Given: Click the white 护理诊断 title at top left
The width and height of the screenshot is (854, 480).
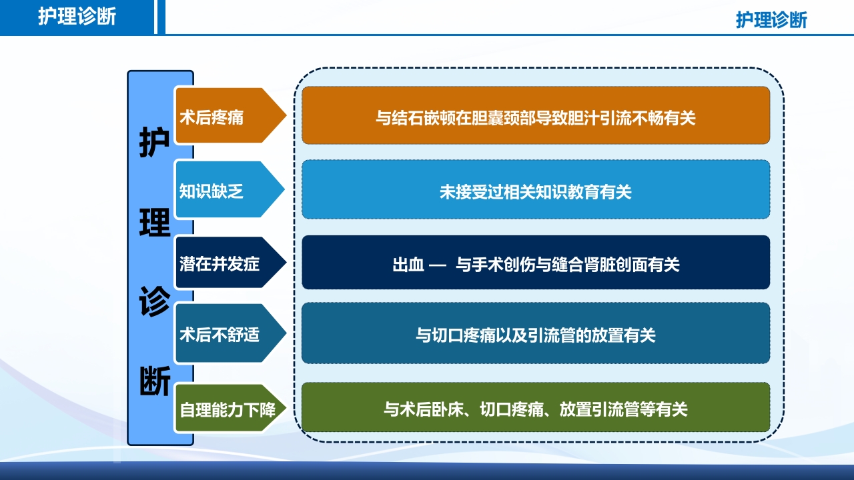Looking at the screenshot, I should (x=77, y=17).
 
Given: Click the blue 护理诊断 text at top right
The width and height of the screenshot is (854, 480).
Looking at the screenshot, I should (x=771, y=20).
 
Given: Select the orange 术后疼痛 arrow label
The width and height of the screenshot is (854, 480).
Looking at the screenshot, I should (x=211, y=118).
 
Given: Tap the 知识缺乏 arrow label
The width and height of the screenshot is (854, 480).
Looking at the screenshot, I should (x=211, y=191).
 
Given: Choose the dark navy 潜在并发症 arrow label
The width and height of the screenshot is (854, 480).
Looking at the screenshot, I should (x=220, y=263).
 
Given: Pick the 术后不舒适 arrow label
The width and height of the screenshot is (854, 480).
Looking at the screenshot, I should (x=220, y=335).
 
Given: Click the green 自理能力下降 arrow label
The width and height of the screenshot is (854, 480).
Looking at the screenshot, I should (x=228, y=408).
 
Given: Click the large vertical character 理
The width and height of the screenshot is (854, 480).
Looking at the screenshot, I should (x=155, y=221).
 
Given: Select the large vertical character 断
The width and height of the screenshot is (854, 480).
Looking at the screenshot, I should (x=155, y=381).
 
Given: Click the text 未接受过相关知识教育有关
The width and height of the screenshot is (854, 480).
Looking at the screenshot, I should (x=535, y=192).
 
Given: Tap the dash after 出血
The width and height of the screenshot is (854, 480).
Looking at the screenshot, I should (x=437, y=265).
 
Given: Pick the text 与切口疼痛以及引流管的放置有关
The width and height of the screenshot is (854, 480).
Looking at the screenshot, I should (x=535, y=335).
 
